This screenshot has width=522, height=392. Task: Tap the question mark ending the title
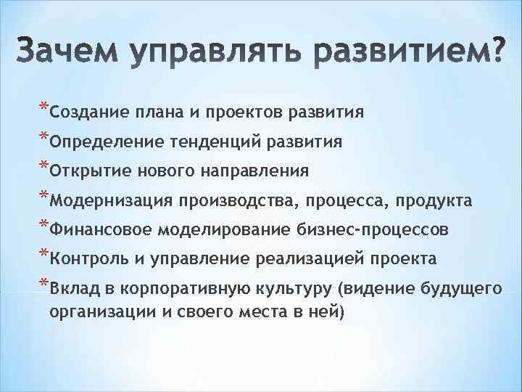[494, 51]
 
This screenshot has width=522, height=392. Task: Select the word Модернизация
[113, 200]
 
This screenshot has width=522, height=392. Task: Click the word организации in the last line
[94, 311]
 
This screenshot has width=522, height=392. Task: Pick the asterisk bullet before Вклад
[43, 283]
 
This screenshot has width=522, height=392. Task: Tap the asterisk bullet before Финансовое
[43, 224]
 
